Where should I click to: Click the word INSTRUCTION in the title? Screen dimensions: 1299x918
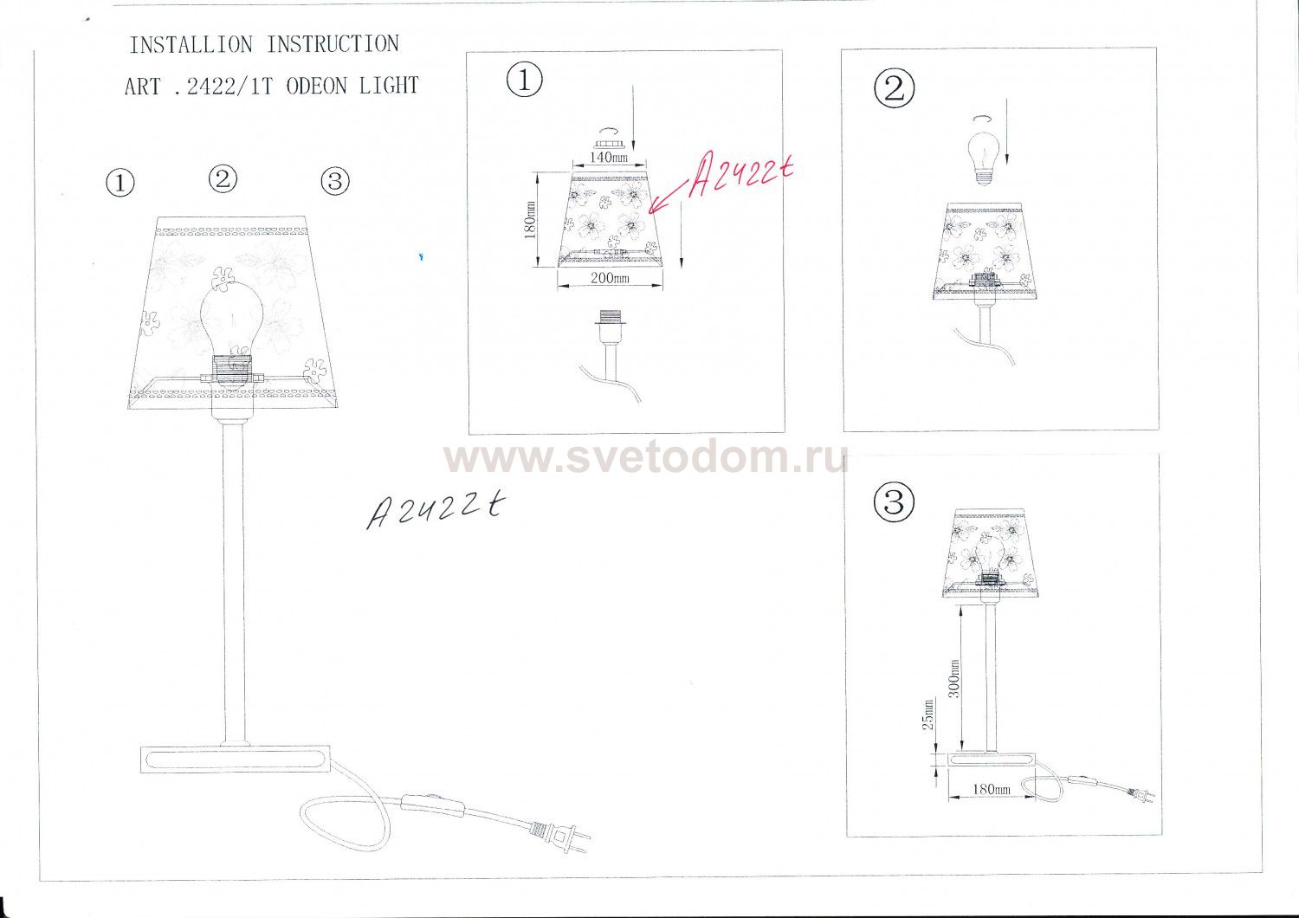333,44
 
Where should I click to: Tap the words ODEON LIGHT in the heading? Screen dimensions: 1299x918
352,87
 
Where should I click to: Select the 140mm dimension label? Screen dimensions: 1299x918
608,157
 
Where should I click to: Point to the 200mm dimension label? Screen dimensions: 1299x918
610,278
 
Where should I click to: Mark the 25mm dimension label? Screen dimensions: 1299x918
928,714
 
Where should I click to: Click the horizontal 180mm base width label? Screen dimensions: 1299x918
991,789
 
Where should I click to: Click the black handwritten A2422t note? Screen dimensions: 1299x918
435,510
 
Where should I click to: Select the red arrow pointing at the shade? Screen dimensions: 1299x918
669,198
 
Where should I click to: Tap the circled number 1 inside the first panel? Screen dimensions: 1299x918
525,80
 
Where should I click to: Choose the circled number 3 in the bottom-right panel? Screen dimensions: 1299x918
894,501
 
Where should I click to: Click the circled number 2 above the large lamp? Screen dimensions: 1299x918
223,179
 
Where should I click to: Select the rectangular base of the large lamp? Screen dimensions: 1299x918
236,760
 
